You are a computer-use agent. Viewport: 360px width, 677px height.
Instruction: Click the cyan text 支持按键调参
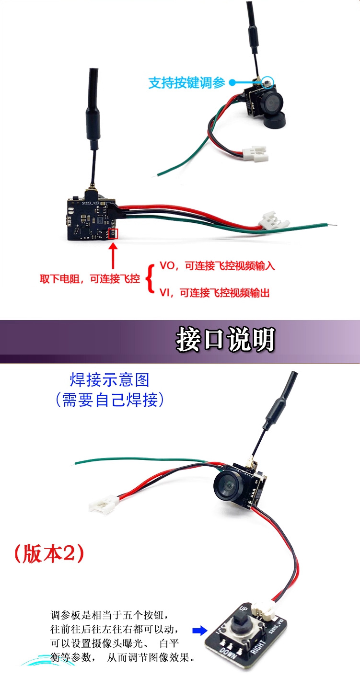(x=186, y=82)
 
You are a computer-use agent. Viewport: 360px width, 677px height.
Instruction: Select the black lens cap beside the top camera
(x=275, y=119)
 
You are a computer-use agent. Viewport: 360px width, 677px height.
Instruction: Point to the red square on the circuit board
(x=113, y=234)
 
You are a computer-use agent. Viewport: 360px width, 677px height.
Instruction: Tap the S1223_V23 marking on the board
(x=91, y=203)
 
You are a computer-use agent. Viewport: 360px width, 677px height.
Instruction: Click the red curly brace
(x=150, y=279)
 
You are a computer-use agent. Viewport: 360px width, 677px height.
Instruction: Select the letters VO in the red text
(x=167, y=265)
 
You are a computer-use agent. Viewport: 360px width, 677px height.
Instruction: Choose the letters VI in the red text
(x=164, y=293)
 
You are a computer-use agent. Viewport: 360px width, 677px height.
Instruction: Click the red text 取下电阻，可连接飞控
(x=90, y=279)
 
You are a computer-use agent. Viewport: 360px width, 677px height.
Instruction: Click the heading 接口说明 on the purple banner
(x=225, y=339)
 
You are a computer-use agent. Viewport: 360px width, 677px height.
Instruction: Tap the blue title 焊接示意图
(x=110, y=380)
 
